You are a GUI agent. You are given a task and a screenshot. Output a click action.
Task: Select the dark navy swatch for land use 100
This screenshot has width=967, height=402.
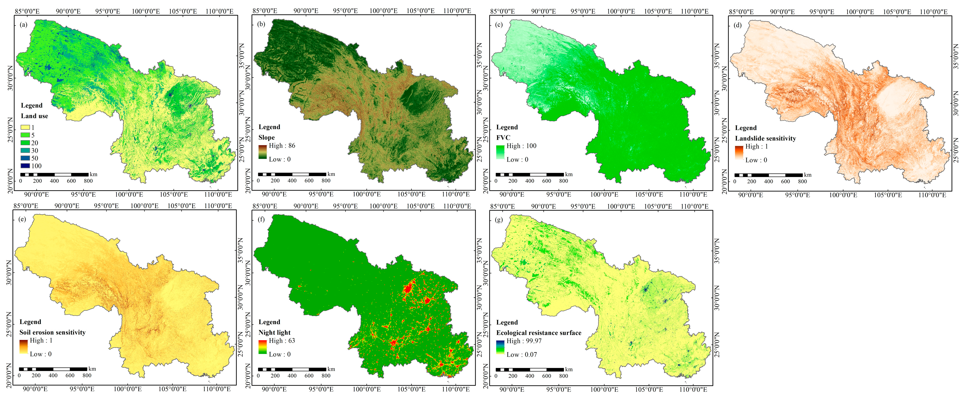pos(25,166)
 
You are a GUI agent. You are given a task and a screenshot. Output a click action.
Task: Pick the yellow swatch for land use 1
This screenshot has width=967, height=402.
pos(25,127)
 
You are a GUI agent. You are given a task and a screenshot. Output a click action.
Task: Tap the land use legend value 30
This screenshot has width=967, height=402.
pos(35,151)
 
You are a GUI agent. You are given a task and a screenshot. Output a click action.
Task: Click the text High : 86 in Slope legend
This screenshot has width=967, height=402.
pos(281,146)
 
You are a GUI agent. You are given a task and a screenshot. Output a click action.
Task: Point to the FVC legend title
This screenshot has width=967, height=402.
pos(503,137)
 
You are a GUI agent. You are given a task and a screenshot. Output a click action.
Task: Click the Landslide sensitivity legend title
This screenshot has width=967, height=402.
pos(765,138)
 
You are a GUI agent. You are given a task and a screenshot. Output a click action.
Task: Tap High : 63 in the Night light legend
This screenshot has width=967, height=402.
pos(281,341)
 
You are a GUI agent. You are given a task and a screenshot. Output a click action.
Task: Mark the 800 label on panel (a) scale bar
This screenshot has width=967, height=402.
pos(88,181)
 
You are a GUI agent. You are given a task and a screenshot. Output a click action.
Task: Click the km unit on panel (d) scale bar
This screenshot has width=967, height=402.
pos(808,175)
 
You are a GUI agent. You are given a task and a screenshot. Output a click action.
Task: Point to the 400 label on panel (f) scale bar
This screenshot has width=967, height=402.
pos(292,376)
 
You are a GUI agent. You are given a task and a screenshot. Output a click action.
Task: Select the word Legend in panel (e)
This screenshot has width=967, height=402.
pos(30,322)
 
